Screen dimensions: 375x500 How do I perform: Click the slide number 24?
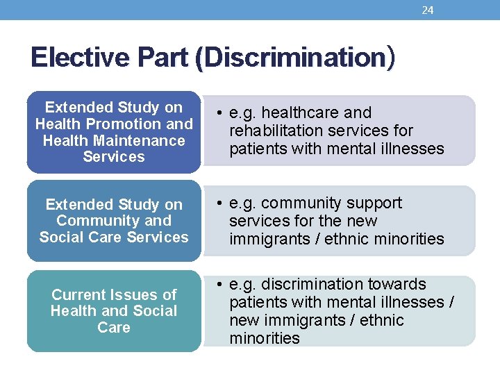428,10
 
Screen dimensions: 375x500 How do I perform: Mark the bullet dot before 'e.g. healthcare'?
218,113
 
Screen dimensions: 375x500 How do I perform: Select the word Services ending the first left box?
114,157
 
